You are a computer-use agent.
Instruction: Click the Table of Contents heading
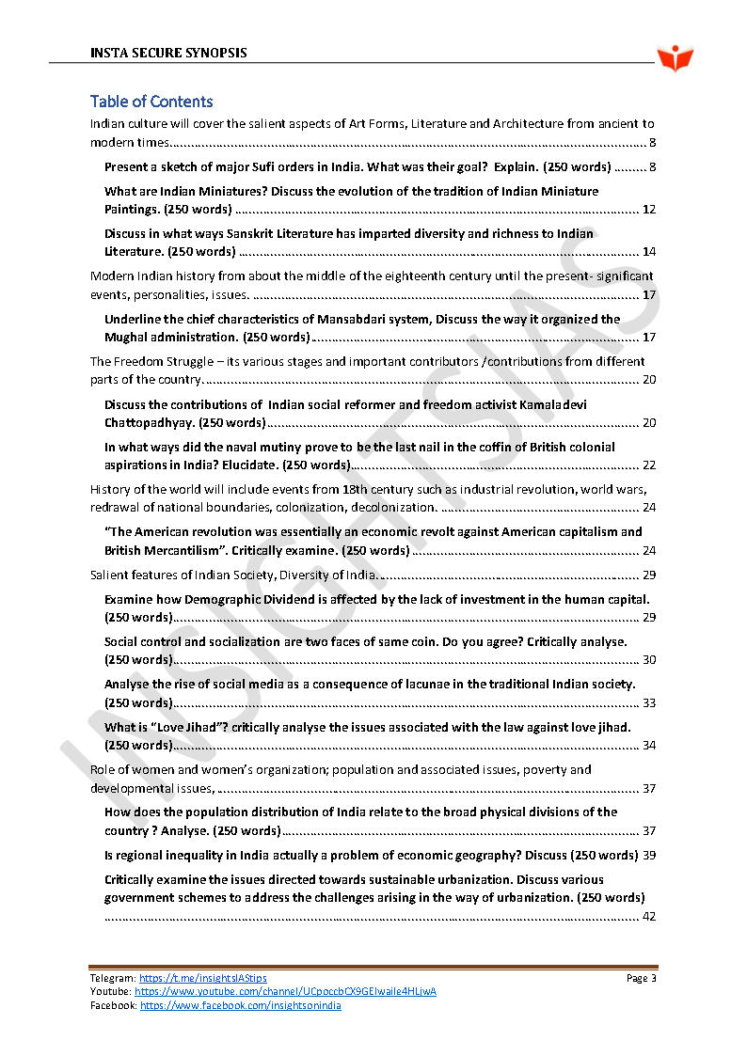(151, 102)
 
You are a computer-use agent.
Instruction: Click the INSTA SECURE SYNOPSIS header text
(168, 53)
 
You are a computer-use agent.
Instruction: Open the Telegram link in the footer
(203, 979)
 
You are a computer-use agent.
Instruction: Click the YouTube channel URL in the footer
(285, 992)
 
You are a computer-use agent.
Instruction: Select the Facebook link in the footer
(241, 1006)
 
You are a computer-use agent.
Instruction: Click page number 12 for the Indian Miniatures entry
(648, 210)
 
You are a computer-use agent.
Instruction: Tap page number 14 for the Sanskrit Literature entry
(648, 252)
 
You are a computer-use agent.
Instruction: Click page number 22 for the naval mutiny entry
(648, 465)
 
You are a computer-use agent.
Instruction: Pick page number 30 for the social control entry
(648, 660)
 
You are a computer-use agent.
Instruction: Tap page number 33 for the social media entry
(648, 702)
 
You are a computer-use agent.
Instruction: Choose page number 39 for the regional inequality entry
(648, 856)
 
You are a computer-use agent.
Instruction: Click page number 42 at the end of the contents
(648, 917)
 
